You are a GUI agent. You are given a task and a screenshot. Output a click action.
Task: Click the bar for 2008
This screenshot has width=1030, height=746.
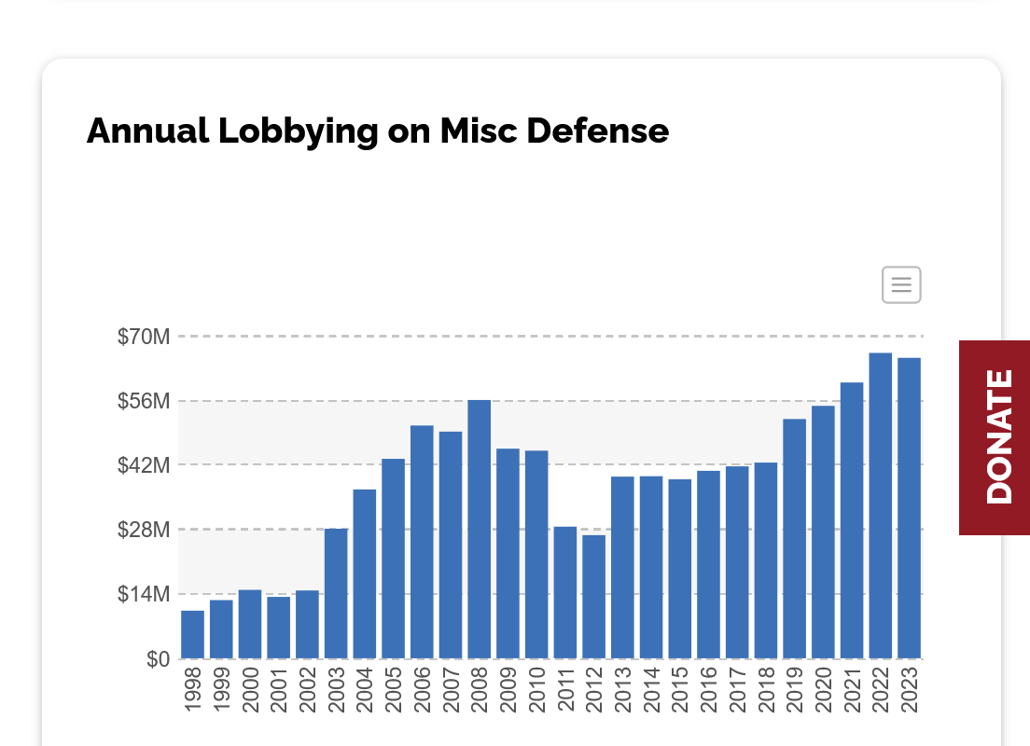480,529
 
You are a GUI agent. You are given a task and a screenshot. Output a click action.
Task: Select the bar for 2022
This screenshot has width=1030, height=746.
881,505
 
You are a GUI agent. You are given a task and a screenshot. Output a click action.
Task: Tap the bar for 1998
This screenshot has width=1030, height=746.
193,634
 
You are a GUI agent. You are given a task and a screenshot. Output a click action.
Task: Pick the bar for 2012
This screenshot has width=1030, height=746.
594,597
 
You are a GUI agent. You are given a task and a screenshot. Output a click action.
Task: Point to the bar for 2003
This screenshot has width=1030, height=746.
336,593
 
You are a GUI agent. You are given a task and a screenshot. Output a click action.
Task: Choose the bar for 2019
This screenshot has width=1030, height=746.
794,539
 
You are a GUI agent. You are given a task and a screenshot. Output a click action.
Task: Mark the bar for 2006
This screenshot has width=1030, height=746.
422,542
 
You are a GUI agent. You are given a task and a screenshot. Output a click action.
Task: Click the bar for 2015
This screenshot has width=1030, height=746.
680,569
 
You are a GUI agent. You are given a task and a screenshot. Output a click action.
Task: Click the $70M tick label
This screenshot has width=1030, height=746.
144,337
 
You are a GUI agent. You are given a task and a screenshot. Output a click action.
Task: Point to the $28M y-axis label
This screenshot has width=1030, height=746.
144,530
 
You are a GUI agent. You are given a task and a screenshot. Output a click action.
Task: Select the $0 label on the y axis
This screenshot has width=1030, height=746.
159,659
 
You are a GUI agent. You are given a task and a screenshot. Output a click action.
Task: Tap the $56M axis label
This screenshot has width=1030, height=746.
144,401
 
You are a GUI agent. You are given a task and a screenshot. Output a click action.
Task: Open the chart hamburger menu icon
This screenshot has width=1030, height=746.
901,285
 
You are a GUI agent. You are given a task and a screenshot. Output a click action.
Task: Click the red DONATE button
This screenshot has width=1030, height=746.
995,437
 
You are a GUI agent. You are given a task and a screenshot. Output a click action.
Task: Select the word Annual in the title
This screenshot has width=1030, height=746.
147,131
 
